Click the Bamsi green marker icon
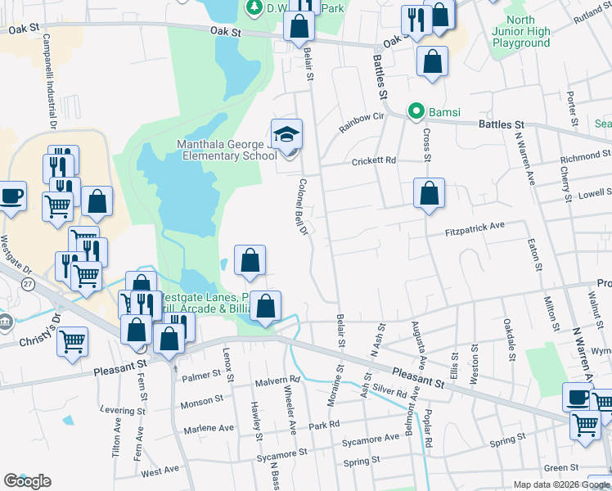(x=416, y=110)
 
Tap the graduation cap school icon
(x=287, y=133)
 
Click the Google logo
(x=27, y=481)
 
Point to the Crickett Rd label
(x=373, y=161)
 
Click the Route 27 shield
(x=28, y=284)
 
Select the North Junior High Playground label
(x=521, y=31)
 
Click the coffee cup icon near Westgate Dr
(x=11, y=197)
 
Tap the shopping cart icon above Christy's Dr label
(x=72, y=340)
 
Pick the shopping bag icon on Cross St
(x=429, y=194)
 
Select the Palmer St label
(x=201, y=376)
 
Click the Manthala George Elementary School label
(x=227, y=150)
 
